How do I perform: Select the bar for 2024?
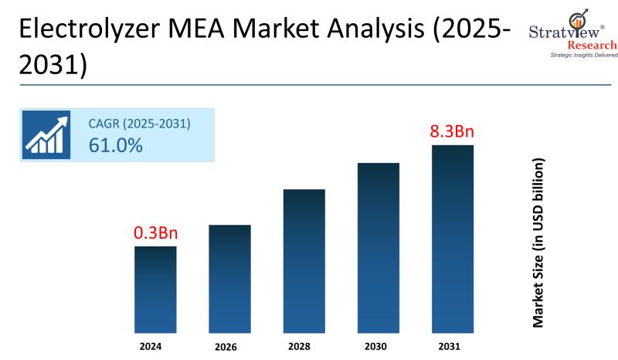pos(155,290)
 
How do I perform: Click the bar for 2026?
pos(229,279)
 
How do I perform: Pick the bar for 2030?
pos(379,248)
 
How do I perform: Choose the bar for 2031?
pos(453,239)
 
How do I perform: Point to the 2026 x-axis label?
pos(229,347)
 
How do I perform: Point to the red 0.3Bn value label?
pos(155,233)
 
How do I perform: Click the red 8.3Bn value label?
pos(452,131)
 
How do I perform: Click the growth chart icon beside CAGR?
pos(46,134)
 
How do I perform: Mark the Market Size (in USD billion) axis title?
pos(539,243)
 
